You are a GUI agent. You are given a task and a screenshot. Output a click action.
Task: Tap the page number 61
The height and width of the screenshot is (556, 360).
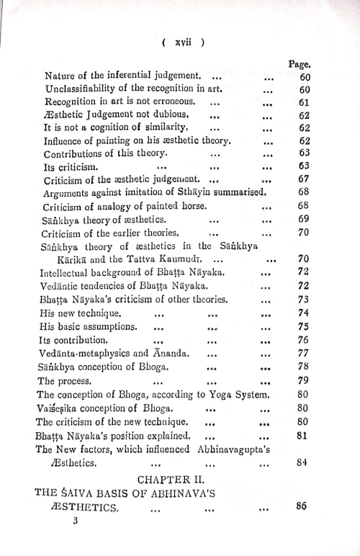[x=304, y=102]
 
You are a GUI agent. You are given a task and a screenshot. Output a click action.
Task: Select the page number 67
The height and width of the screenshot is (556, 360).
[x=304, y=179]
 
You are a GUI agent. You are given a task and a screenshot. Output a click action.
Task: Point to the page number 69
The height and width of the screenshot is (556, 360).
[x=304, y=218]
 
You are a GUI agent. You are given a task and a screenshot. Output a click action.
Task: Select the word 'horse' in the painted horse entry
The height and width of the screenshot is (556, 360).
[x=216, y=205]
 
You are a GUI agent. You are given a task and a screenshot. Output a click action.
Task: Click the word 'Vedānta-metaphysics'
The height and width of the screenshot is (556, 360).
[x=86, y=353]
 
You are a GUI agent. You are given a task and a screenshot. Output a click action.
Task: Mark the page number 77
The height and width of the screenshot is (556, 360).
[x=304, y=353]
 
